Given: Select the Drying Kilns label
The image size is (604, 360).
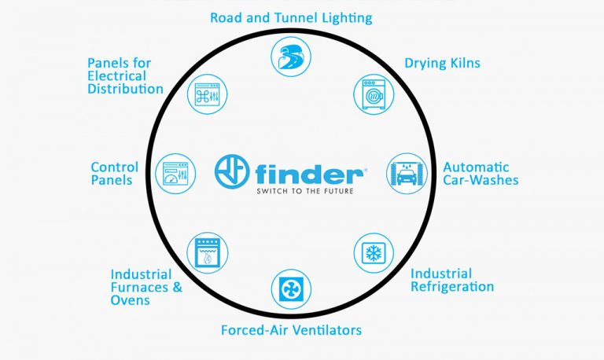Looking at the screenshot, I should (x=443, y=62).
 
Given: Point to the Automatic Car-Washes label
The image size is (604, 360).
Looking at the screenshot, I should (x=481, y=173).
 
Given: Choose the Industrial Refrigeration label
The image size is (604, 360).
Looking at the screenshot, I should (x=452, y=280).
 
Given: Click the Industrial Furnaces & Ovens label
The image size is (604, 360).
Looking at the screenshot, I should (x=146, y=287).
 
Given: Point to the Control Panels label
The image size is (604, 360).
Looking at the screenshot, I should (x=114, y=173).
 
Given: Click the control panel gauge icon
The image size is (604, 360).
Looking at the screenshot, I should (x=175, y=172).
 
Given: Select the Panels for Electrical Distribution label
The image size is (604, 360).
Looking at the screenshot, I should (x=125, y=75).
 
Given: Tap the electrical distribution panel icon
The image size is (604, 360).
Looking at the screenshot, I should (x=208, y=94).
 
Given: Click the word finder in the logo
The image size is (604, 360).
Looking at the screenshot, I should (x=309, y=172).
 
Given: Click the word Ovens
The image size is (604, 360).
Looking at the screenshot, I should (x=130, y=300).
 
